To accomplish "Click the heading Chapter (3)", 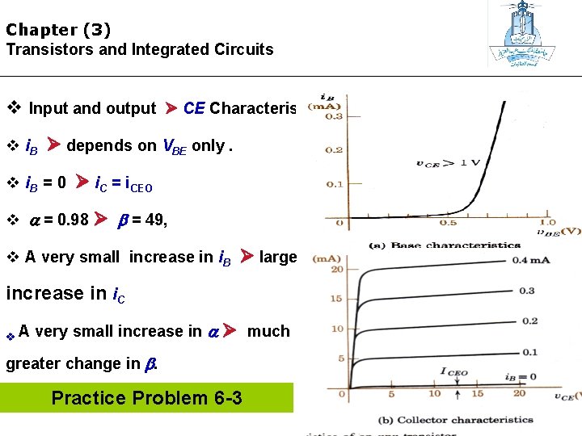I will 58,30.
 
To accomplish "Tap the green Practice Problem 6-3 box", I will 146,398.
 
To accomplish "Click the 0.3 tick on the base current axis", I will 333,116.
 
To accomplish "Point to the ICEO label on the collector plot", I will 454,371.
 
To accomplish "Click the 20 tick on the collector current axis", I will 337,269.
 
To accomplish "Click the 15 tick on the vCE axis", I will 477,394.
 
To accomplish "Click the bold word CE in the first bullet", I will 194,108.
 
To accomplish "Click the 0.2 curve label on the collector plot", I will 529,321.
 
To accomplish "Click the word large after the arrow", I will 278,257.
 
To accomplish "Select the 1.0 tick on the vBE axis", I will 548,223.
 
